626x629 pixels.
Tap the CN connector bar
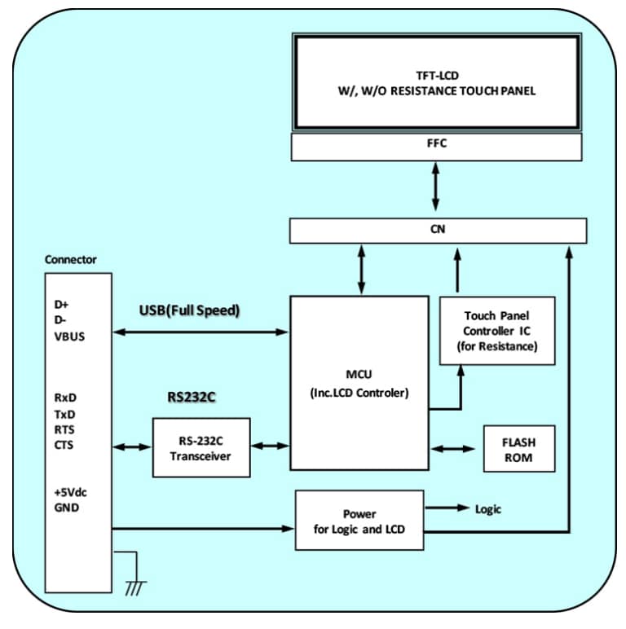436,231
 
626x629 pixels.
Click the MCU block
359,383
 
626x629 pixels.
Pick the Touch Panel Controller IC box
497,330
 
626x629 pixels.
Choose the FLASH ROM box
519,448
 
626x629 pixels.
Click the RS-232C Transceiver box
201,447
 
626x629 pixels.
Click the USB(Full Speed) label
190,310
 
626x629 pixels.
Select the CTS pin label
64,446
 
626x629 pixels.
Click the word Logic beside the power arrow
488,509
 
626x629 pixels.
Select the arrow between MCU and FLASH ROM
452,448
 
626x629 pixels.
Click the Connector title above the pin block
71,260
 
